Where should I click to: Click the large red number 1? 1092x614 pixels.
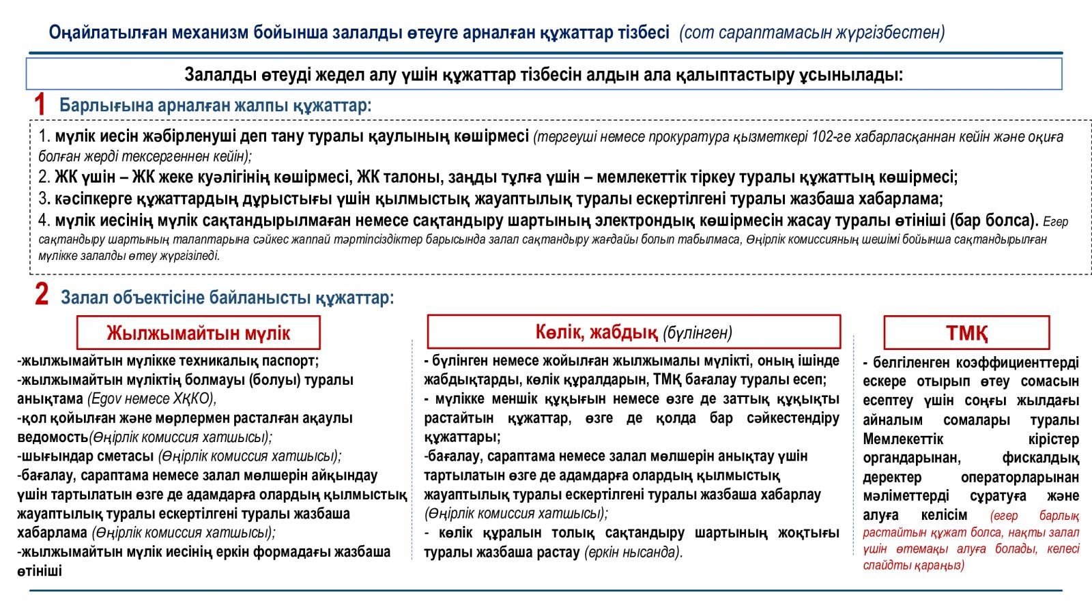[x=40, y=106]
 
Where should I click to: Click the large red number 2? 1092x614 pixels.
[x=42, y=295]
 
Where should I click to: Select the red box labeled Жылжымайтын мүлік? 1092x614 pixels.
[x=198, y=333]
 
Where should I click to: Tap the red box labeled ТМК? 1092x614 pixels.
[x=966, y=333]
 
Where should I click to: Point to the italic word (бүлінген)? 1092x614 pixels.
[x=698, y=333]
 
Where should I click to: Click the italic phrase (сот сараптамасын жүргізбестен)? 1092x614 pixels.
[x=812, y=32]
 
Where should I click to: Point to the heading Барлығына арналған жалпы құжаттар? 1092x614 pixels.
[x=215, y=106]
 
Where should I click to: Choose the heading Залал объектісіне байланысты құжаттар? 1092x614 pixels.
[x=227, y=297]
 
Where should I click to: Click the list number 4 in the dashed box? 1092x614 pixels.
[x=44, y=221]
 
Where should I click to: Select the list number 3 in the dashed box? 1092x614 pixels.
[x=44, y=199]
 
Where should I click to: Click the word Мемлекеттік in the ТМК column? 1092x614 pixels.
[x=903, y=439]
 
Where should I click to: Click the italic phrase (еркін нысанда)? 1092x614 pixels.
[x=633, y=552]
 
